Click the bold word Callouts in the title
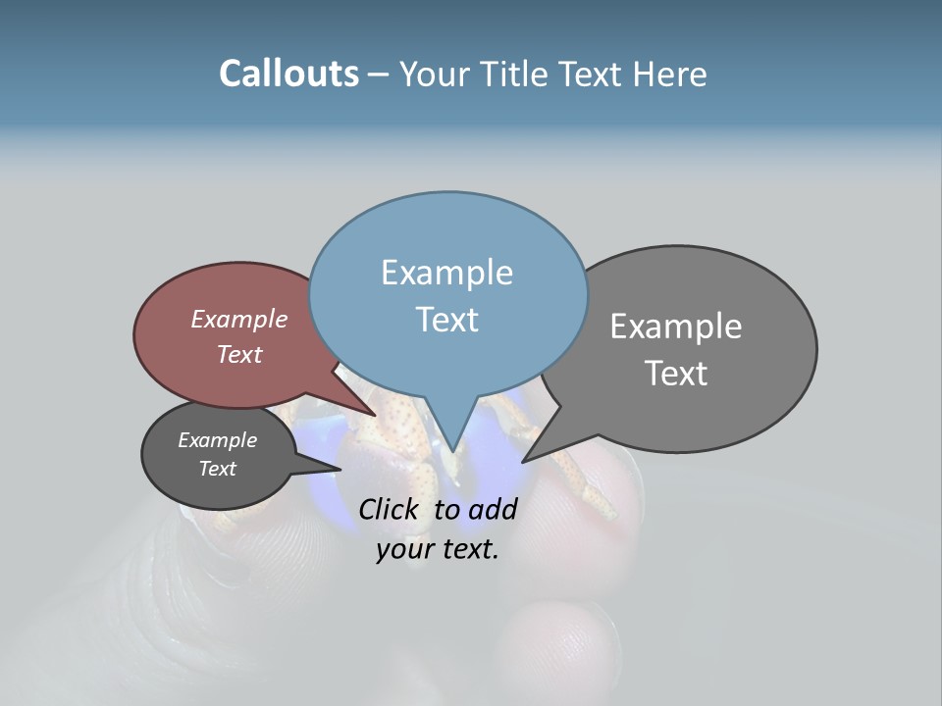pos(288,75)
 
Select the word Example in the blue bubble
pos(446,273)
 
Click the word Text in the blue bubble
pos(446,320)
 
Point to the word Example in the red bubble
pos(239,319)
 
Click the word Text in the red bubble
pos(239,354)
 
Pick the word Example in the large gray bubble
pos(676,327)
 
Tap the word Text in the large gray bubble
pos(676,374)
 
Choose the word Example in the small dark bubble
pos(217,440)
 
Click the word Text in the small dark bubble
pos(217,469)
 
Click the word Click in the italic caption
pos(391,509)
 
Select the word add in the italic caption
pos(493,509)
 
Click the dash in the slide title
pos(379,75)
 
